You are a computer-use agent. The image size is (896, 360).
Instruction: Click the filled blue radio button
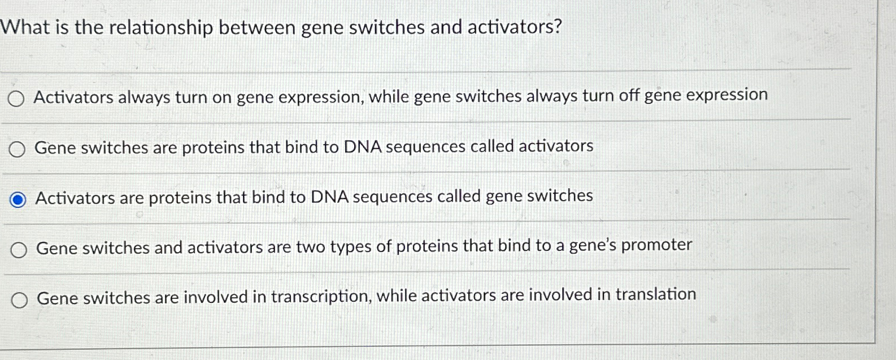point(18,199)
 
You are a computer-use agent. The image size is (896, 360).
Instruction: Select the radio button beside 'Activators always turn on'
point(16,99)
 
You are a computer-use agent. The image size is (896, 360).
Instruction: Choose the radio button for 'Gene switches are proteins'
point(17,150)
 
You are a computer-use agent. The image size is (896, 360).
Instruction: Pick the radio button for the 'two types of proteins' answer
point(19,250)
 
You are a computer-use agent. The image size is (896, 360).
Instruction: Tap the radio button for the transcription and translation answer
point(19,300)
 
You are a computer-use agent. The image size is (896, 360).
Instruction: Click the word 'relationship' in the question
point(160,27)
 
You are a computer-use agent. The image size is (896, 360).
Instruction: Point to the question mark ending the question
point(558,27)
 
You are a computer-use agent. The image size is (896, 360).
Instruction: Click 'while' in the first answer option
point(389,97)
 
